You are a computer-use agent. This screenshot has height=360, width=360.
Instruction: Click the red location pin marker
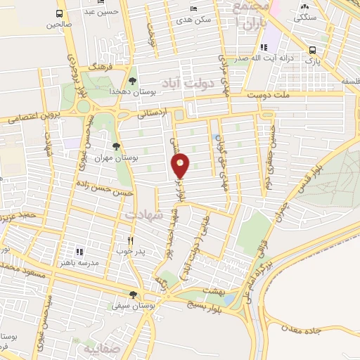pos(181,165)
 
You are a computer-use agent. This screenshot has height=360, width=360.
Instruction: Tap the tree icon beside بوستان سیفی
pos(133,295)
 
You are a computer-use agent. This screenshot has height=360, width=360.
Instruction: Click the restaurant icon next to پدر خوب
pos(130,240)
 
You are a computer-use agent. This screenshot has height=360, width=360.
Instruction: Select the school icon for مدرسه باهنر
pos(79,251)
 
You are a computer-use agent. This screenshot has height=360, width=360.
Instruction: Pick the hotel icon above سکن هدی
pos(194,8)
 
